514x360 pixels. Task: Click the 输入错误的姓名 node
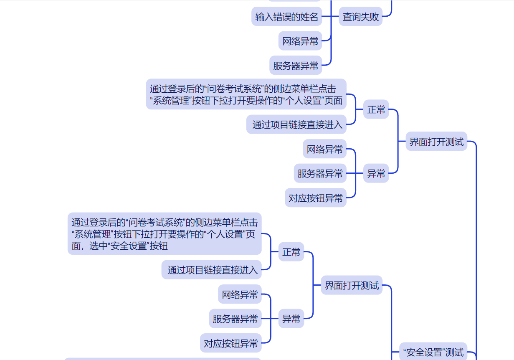click(287, 17)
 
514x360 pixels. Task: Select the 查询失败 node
click(361, 17)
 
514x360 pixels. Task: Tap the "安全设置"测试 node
click(433, 352)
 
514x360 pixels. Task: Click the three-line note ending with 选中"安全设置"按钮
click(165, 234)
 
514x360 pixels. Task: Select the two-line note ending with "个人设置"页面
click(246, 94)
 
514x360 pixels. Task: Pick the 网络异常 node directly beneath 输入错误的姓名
click(300, 41)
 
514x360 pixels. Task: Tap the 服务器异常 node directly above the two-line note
click(296, 66)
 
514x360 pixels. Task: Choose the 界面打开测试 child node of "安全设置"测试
click(352, 286)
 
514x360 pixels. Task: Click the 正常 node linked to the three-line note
click(291, 252)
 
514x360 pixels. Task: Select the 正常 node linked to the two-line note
click(376, 109)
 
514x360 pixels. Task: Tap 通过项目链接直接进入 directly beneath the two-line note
click(297, 124)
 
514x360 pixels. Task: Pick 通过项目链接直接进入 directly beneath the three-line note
click(213, 270)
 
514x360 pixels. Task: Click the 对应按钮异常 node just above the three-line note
click(316, 198)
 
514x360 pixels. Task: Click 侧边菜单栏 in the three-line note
click(218, 222)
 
